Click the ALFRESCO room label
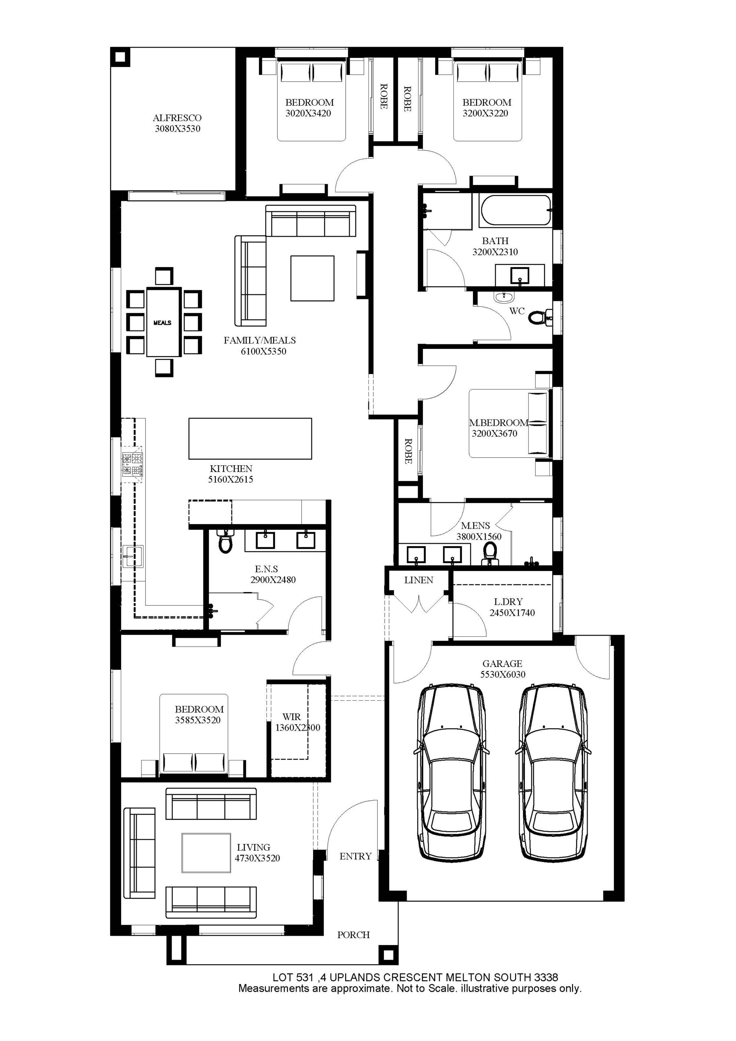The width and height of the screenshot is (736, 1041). point(177,118)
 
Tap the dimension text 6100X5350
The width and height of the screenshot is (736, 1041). point(263,351)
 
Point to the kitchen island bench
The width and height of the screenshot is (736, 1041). point(250,438)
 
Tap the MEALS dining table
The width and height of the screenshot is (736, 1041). point(163,322)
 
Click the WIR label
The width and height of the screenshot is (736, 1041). point(292,717)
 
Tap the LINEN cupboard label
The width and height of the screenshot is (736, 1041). point(418,580)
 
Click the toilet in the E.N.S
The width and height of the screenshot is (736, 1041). point(225,541)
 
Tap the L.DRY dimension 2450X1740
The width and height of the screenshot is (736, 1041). point(512,612)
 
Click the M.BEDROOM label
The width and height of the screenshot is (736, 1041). point(499,422)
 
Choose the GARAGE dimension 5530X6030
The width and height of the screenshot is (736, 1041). point(503,674)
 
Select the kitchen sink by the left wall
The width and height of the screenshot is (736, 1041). point(133,556)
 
